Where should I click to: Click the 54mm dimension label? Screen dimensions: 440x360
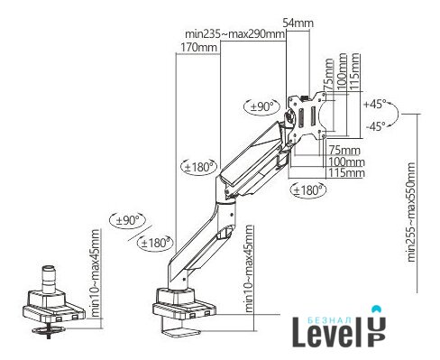pyautogui.click(x=298, y=23)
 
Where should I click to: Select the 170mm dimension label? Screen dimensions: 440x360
pyautogui.click(x=198, y=48)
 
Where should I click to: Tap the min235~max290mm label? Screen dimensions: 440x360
pyautogui.click(x=234, y=34)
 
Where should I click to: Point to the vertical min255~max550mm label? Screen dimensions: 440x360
pyautogui.click(x=411, y=212)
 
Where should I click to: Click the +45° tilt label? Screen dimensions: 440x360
pyautogui.click(x=374, y=105)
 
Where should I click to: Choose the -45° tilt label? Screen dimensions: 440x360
pyautogui.click(x=375, y=126)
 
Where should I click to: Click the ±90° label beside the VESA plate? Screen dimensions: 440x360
pyautogui.click(x=262, y=106)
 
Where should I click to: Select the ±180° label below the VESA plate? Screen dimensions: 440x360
pyautogui.click(x=309, y=190)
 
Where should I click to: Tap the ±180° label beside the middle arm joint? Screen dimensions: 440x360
pyautogui.click(x=199, y=167)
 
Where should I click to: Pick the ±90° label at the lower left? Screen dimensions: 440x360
pyautogui.click(x=127, y=220)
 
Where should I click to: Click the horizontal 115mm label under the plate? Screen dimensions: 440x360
pyautogui.click(x=346, y=173)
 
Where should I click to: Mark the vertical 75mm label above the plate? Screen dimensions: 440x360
pyautogui.click(x=328, y=74)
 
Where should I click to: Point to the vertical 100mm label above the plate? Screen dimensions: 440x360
pyautogui.click(x=342, y=71)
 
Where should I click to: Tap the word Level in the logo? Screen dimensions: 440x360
pyautogui.click(x=328, y=336)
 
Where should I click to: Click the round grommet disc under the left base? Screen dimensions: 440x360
pyautogui.click(x=49, y=330)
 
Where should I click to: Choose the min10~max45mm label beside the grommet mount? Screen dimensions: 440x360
pyautogui.click(x=95, y=273)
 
